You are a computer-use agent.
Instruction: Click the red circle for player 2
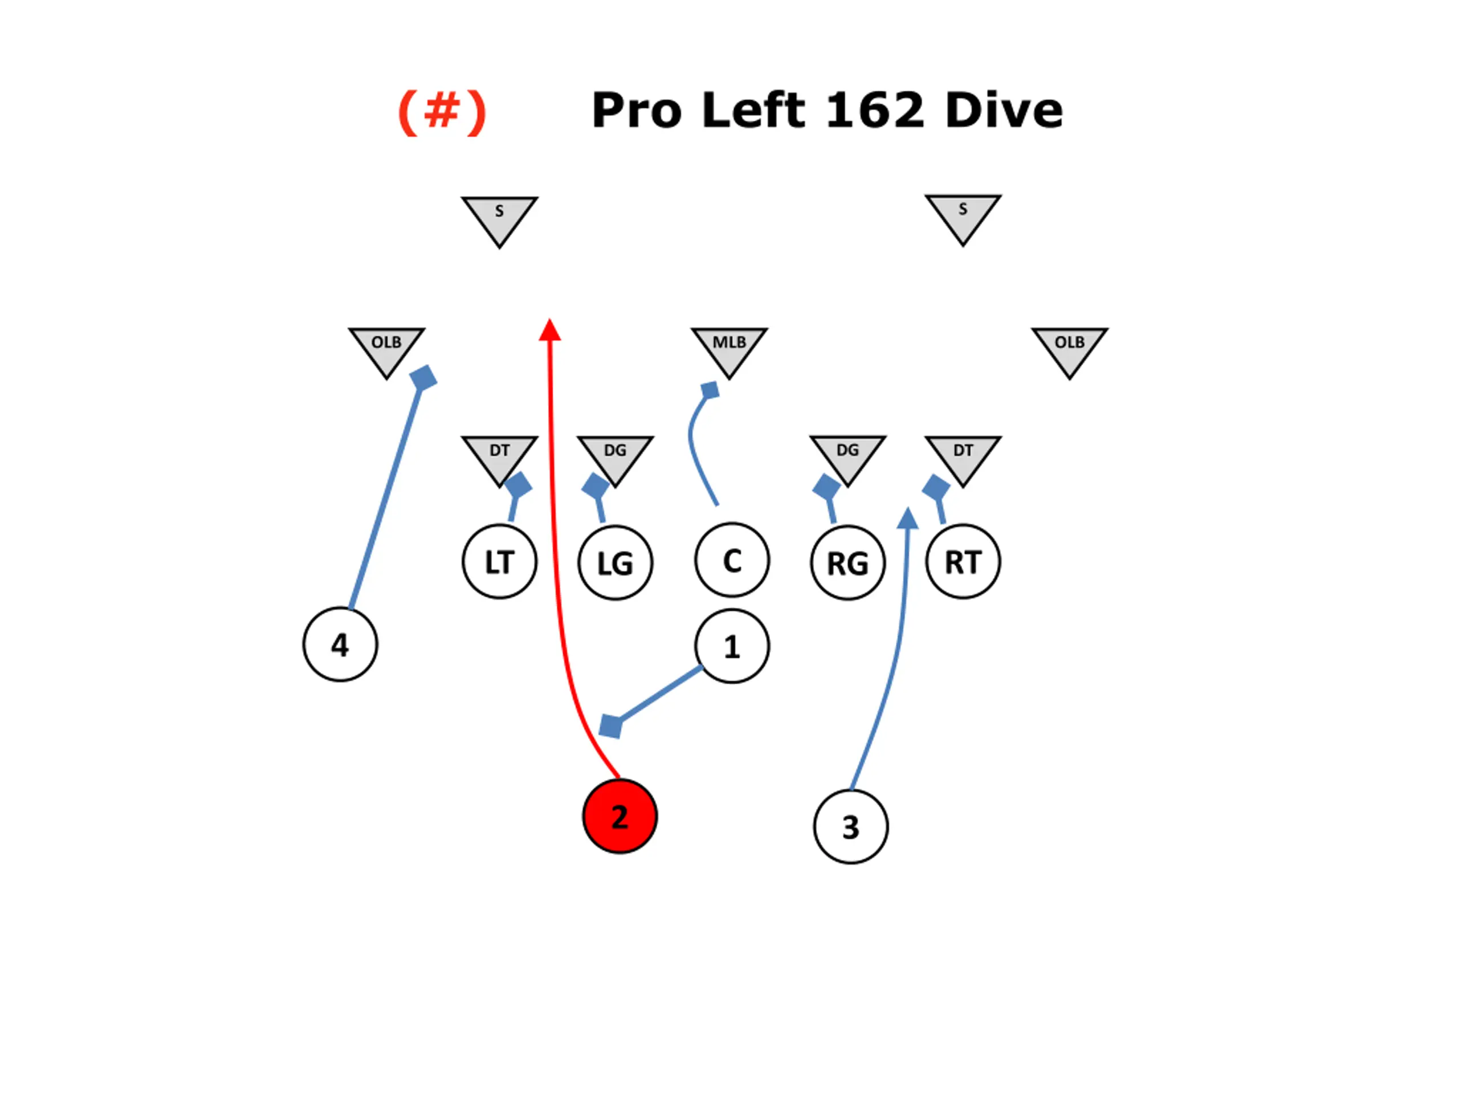[620, 817]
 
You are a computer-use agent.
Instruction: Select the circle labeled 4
[340, 644]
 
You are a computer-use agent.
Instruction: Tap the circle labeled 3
[850, 826]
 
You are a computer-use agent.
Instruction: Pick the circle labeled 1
[731, 646]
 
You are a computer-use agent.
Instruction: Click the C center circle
[731, 561]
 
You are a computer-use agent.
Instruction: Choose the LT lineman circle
[499, 562]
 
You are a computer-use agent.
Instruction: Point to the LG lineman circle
[616, 563]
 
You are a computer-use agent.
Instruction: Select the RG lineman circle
[847, 563]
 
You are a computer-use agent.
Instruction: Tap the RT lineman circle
[963, 562]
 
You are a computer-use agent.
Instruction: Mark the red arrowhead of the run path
[549, 330]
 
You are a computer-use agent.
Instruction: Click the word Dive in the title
[1003, 110]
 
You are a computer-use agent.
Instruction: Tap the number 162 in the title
[875, 110]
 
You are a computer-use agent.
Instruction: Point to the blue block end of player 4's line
[423, 378]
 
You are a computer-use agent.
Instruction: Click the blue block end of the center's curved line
[710, 390]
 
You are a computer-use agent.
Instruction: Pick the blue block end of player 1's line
[610, 726]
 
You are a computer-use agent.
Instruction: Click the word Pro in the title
[637, 110]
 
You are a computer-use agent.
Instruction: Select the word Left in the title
[753, 110]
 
